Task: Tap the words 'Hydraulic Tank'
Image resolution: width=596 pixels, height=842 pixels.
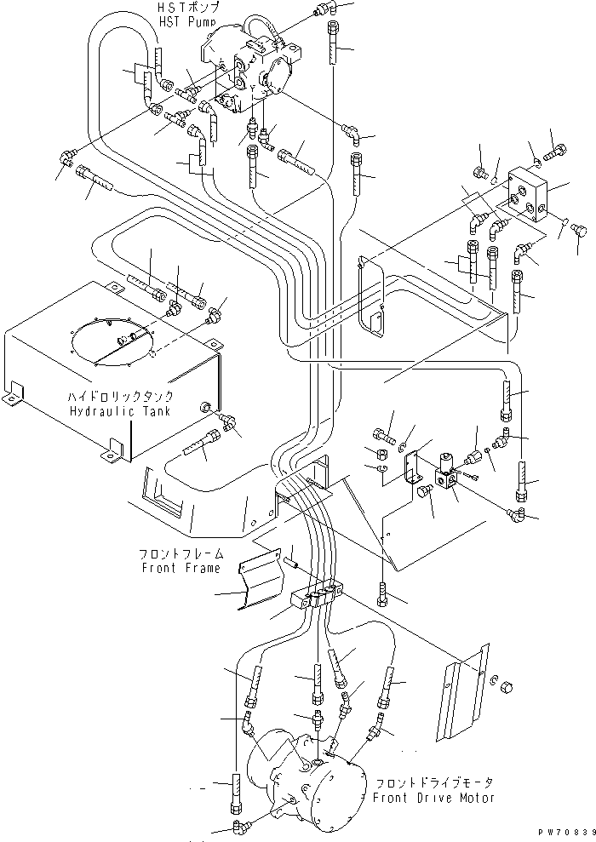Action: [x=121, y=411]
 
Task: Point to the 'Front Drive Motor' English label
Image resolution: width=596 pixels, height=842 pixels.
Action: [x=433, y=798]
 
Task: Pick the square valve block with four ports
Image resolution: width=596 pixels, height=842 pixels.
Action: [x=528, y=199]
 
